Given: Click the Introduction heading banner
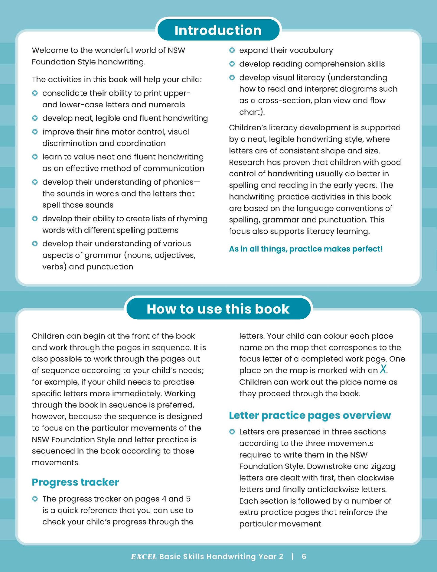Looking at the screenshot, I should [x=218, y=30].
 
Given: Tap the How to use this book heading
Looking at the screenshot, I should [x=218, y=309].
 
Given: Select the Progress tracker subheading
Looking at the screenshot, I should [x=75, y=482].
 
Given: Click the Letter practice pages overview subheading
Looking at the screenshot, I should [x=310, y=415].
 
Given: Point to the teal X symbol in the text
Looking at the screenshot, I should [x=383, y=369].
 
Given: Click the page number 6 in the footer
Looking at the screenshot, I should [x=304, y=557].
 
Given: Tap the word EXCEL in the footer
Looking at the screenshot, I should [x=144, y=557].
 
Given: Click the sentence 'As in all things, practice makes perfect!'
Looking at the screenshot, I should [x=306, y=249].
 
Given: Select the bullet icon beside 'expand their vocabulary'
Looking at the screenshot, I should [x=232, y=50].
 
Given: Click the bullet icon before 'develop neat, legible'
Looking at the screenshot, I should [x=35, y=118].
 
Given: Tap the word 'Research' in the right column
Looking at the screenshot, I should [x=246, y=162].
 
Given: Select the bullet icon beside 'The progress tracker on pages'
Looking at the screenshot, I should [x=35, y=499].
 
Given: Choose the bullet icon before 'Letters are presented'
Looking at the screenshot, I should [x=232, y=432].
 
